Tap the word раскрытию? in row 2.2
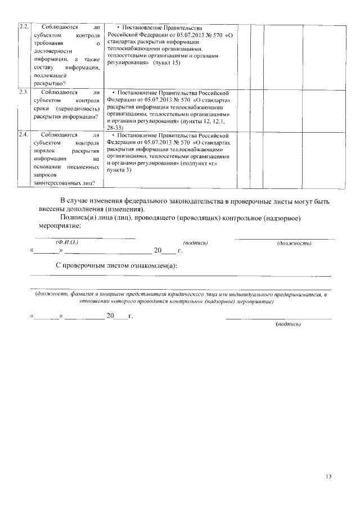pos(49,83)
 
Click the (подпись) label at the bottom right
pos(289,325)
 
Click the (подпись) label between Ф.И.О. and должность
pos(196,242)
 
